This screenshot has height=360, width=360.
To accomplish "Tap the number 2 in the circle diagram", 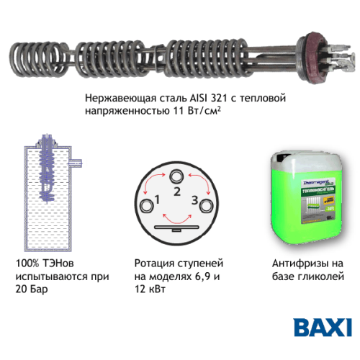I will coord(176,190).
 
